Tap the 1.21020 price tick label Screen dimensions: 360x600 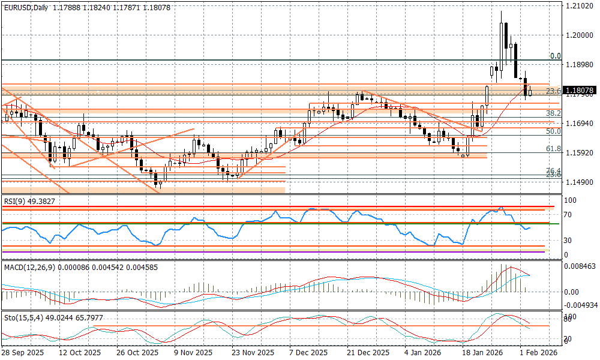click(x=579, y=6)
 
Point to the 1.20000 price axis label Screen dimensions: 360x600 click(x=579, y=35)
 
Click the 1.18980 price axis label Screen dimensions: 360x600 click(x=579, y=65)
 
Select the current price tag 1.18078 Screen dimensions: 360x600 click(x=579, y=91)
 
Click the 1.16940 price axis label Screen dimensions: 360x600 click(x=579, y=123)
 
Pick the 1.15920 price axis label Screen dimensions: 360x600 click(x=579, y=152)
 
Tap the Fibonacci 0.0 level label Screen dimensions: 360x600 click(x=556, y=56)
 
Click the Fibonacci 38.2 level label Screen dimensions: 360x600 click(x=553, y=113)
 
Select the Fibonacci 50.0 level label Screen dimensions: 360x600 click(x=553, y=131)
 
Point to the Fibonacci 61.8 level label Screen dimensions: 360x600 click(x=553, y=148)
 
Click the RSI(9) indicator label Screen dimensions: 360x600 click(x=16, y=202)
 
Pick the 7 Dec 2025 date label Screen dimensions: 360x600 click(x=308, y=353)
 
